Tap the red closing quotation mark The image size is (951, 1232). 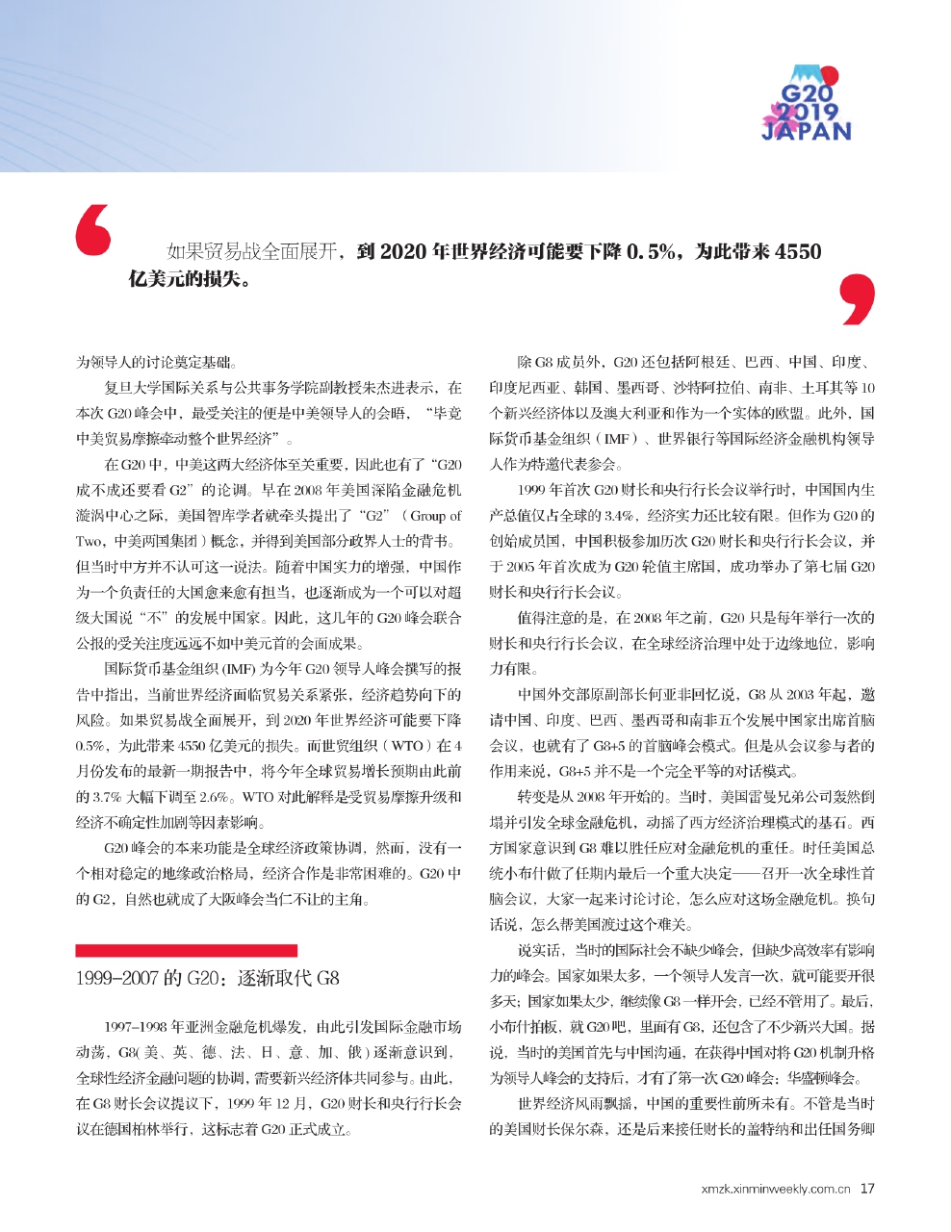tap(858, 298)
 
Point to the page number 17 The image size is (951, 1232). tap(867, 1188)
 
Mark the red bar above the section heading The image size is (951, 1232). tap(173, 950)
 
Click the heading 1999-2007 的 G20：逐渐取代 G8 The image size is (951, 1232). tap(207, 979)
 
